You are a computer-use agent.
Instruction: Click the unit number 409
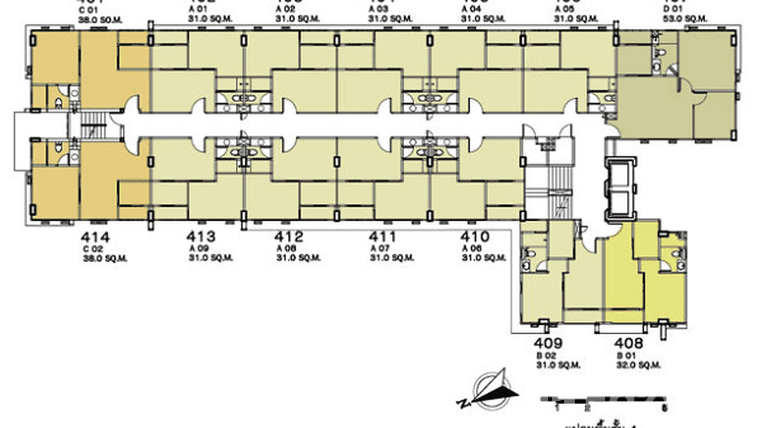[548, 343]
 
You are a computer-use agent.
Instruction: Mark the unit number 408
[629, 343]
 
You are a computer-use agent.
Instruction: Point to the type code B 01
[626, 356]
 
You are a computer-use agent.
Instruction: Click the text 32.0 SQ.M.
[639, 366]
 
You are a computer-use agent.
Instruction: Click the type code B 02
[546, 356]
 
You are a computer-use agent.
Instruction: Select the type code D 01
[673, 10]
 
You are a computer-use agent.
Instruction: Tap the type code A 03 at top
[379, 10]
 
